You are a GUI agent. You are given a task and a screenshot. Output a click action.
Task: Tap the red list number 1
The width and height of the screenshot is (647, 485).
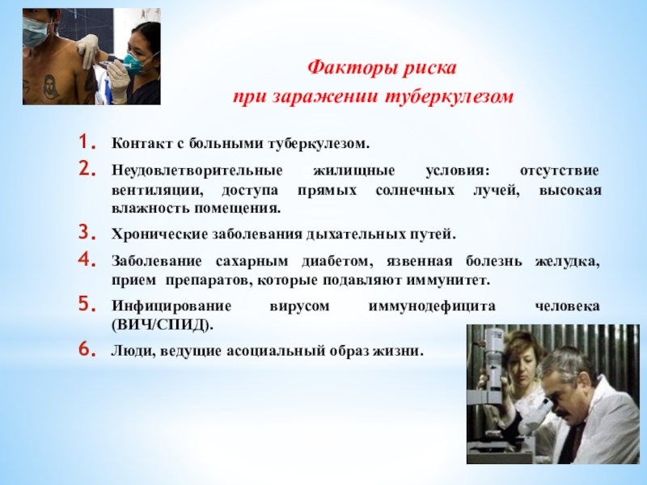87,142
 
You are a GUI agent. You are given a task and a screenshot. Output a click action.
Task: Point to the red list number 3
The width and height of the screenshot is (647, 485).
87,233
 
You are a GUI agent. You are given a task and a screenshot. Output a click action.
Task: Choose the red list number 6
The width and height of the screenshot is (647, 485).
87,349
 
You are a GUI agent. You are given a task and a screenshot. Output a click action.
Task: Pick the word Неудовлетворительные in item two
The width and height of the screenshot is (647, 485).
197,171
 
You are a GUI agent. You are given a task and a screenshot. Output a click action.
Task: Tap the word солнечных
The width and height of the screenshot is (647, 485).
415,191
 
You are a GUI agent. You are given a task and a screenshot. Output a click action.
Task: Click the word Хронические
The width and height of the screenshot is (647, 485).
159,234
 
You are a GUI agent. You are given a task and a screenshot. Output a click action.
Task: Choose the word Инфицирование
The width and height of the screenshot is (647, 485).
171,306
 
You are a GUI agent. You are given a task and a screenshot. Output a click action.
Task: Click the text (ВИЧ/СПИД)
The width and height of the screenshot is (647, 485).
163,326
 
